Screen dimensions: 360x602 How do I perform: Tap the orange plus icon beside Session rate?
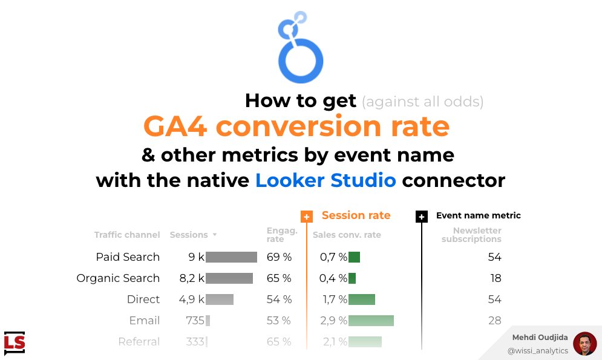pyautogui.click(x=307, y=217)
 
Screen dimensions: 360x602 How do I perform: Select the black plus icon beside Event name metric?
pyautogui.click(x=422, y=217)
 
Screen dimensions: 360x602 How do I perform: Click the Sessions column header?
pyautogui.click(x=189, y=235)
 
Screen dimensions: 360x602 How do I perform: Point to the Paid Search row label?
pyautogui.click(x=128, y=257)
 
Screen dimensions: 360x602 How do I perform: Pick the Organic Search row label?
pyautogui.click(x=118, y=278)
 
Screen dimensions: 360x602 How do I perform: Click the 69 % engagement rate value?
pyautogui.click(x=279, y=257)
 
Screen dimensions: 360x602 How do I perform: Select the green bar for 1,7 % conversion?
pyautogui.click(x=362, y=299)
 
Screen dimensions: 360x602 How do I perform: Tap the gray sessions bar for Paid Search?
pyautogui.click(x=231, y=257)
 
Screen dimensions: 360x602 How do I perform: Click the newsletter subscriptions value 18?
pyautogui.click(x=495, y=278)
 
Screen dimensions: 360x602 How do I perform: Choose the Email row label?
pyautogui.click(x=145, y=321)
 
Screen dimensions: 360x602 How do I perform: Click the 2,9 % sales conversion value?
pyautogui.click(x=333, y=321)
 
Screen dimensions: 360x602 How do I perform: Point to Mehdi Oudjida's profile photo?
pyautogui.click(x=584, y=344)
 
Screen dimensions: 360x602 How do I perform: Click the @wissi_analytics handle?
pyautogui.click(x=537, y=351)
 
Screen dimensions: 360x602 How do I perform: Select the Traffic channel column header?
pyautogui.click(x=127, y=235)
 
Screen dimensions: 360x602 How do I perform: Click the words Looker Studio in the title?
pyautogui.click(x=326, y=180)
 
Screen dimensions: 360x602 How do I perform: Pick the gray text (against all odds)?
pyautogui.click(x=422, y=101)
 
